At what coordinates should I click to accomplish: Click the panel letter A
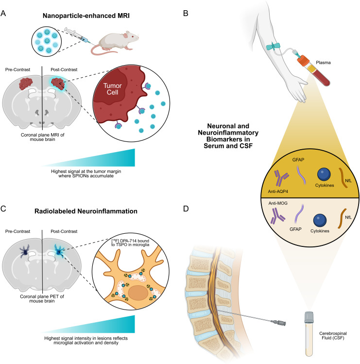[x=3, y=14]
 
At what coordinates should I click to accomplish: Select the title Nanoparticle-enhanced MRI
[x=86, y=16]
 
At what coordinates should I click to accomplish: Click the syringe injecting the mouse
[x=78, y=35]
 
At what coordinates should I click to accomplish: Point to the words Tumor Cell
[x=113, y=89]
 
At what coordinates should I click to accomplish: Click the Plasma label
[x=323, y=63]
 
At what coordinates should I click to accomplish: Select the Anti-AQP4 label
[x=278, y=191]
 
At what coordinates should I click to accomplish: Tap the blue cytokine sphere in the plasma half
[x=324, y=174]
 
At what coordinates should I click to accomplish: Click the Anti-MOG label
[x=278, y=203]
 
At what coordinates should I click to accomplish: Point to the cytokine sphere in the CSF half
[x=320, y=221]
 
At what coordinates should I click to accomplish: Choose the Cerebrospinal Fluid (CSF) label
[x=333, y=336]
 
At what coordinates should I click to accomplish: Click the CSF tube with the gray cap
[x=309, y=334]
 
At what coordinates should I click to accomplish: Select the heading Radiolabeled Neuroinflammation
[x=86, y=211]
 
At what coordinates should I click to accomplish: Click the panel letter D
[x=186, y=208]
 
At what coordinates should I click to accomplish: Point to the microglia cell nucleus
[x=138, y=293]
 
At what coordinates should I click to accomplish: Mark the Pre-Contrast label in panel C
[x=17, y=231]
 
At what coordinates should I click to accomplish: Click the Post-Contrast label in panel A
[x=64, y=69]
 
